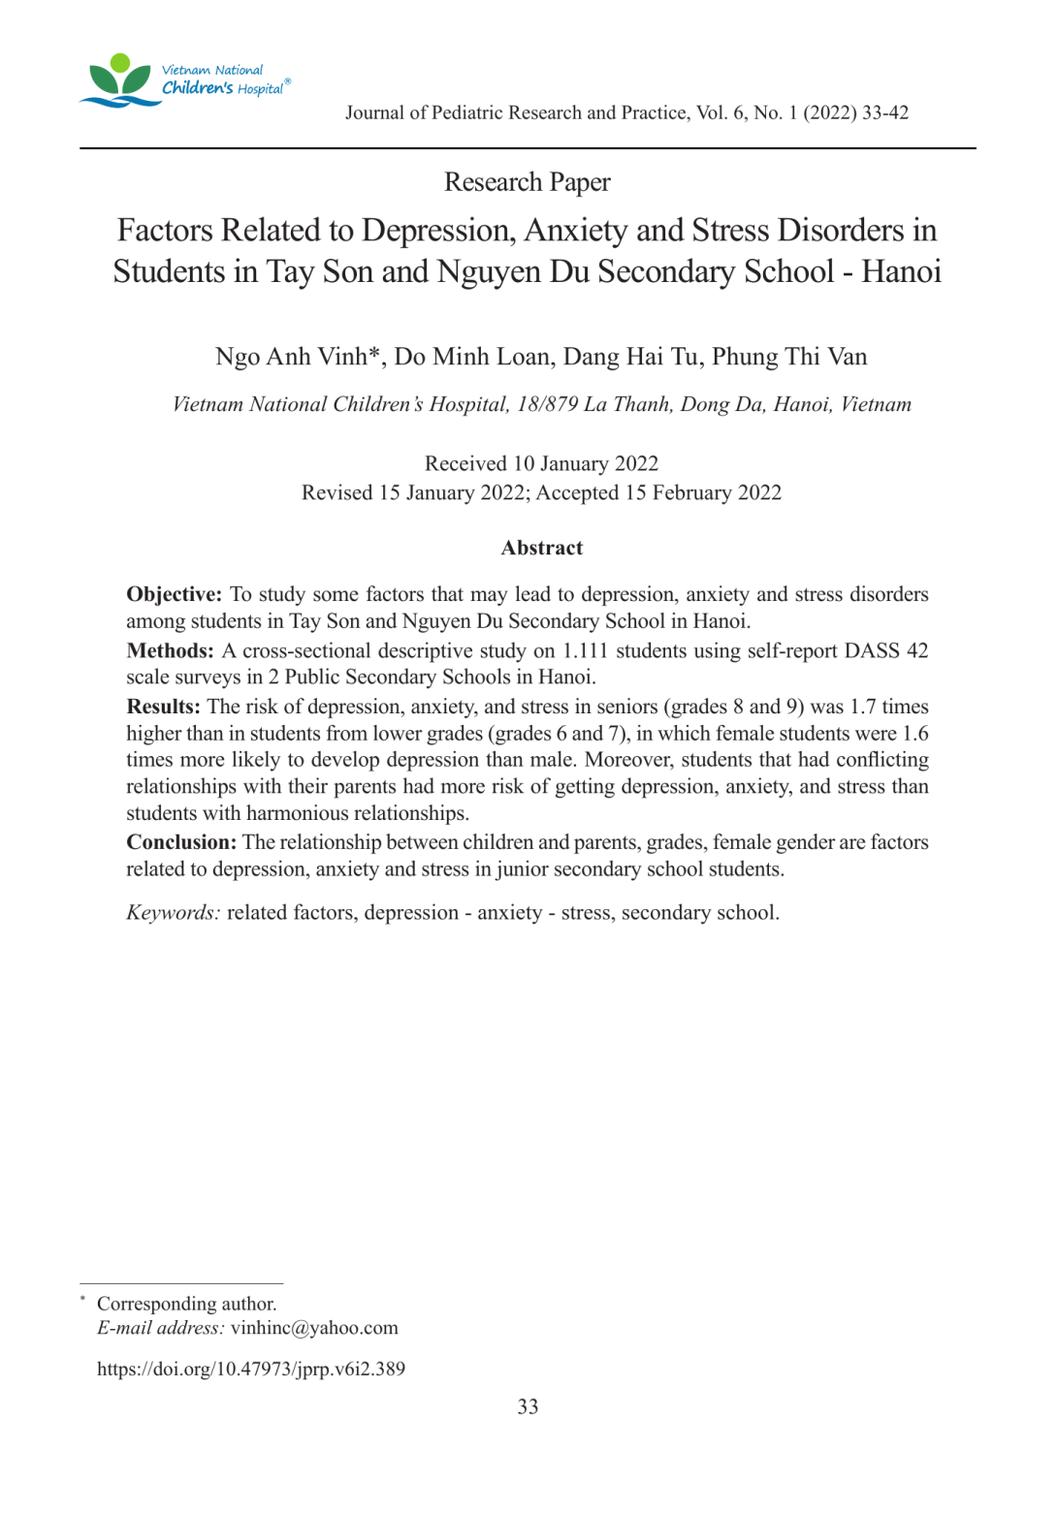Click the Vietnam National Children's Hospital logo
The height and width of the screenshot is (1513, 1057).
(184, 81)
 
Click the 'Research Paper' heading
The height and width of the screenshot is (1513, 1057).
(527, 182)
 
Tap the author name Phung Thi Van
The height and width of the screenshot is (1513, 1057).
(789, 357)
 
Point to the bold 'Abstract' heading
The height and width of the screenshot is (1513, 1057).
(541, 548)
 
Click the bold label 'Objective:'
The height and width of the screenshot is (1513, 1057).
(175, 594)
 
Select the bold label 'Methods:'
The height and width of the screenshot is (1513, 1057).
(170, 650)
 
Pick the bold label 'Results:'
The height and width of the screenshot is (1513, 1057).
(163, 707)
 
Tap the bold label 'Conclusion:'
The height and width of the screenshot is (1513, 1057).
(181, 842)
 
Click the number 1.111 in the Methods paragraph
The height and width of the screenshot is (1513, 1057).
(585, 650)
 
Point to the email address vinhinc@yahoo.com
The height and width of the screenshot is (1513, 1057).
(314, 1328)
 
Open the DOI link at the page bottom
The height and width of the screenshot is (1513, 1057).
(251, 1369)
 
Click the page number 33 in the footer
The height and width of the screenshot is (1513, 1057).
(528, 1406)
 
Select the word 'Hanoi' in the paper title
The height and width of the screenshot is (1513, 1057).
(901, 272)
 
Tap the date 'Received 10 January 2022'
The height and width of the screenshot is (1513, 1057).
(541, 463)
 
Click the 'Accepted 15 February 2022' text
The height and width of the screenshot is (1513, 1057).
(658, 492)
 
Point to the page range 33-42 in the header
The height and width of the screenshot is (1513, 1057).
(885, 112)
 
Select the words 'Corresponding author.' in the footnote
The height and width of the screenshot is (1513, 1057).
(186, 1304)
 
